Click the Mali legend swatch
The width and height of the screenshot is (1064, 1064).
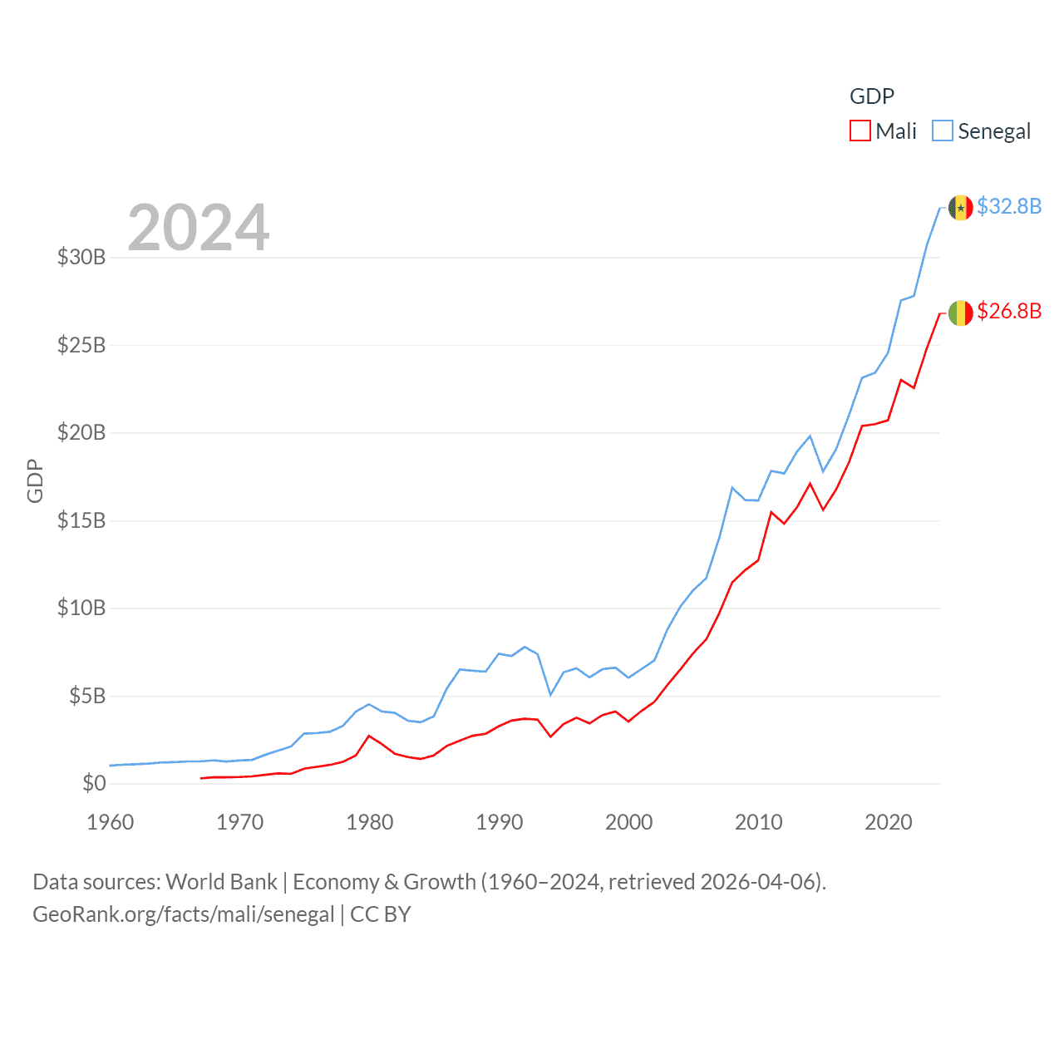point(860,131)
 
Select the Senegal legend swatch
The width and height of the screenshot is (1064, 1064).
point(942,131)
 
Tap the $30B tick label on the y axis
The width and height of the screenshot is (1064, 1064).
point(81,257)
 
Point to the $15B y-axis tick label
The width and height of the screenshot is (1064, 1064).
point(81,520)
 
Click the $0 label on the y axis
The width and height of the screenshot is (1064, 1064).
point(94,783)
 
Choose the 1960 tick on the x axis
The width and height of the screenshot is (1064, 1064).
point(111,822)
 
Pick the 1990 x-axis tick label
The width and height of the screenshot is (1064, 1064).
point(500,822)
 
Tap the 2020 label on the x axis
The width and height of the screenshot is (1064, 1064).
point(889,822)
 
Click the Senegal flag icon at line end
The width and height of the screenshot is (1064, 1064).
point(960,207)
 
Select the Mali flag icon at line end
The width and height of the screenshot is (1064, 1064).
point(960,313)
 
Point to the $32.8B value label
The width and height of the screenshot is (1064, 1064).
point(1009,206)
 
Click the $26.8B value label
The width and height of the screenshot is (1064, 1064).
point(1009,311)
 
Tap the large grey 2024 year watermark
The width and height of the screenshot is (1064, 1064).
point(199,227)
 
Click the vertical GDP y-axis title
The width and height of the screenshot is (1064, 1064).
point(35,480)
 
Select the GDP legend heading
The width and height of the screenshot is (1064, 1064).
point(872,96)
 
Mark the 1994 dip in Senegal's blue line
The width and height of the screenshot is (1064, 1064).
point(550,694)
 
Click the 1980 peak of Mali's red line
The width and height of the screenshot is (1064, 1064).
point(369,736)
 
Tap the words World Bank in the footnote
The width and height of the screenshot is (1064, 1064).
point(222,882)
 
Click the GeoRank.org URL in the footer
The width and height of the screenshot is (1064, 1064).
point(183,914)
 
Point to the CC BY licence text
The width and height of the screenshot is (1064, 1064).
point(381,914)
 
